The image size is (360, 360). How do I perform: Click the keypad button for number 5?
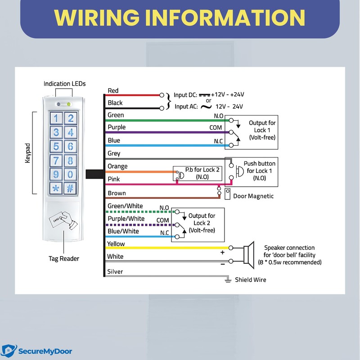coord(56,147)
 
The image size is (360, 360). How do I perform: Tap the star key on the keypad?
coord(56,188)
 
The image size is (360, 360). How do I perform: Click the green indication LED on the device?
coord(68,104)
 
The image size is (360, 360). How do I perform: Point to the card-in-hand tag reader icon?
coord(63,220)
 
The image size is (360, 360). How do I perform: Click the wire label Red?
coord(113,91)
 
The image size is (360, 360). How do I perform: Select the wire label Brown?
coord(117,193)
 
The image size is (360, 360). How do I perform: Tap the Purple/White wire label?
coord(126,219)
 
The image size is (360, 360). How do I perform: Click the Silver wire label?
coord(115,272)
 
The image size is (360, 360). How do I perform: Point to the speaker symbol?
coord(249,255)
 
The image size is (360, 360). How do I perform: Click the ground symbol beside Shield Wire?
coord(228,279)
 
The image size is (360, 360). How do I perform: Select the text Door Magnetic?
coord(253,196)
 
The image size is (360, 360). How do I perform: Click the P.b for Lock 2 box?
coord(198,173)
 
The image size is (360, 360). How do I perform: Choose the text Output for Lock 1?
coord(262,126)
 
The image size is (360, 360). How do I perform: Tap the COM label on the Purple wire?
coord(216,128)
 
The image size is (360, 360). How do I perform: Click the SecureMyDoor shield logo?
coord(9,351)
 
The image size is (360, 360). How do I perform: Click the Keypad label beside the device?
coord(27,153)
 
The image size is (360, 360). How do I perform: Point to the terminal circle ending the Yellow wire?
coord(231,248)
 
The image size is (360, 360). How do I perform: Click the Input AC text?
coord(186,107)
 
